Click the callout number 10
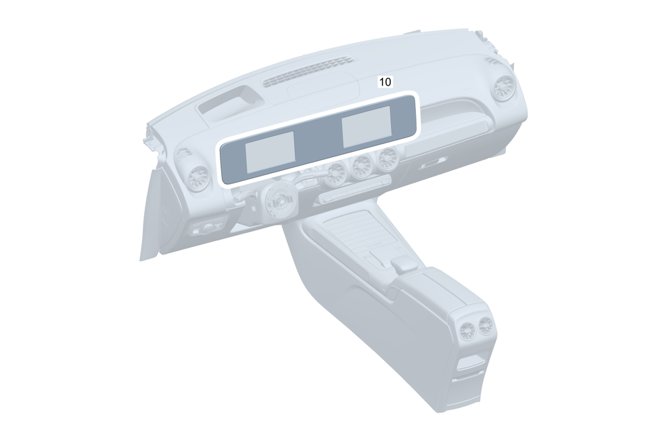pos(385,82)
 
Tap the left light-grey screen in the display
pos(270,152)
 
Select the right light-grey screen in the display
pos(367,126)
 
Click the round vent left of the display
pos(197,179)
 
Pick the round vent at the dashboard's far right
pos(502,89)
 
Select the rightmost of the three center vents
pos(386,159)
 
